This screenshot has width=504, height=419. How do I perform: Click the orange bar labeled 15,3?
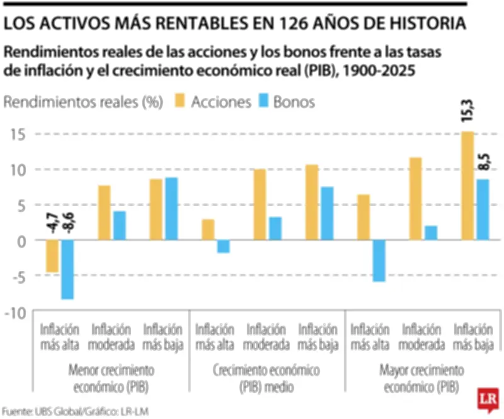tap(467, 186)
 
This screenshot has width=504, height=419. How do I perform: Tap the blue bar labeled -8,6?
tap(67, 269)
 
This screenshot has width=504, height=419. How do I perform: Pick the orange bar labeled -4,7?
tap(52, 256)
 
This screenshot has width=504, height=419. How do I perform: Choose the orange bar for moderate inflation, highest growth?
tap(415, 199)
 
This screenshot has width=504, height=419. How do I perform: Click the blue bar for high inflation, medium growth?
tap(224, 246)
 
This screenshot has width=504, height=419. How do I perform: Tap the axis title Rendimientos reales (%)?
tap(84, 101)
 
